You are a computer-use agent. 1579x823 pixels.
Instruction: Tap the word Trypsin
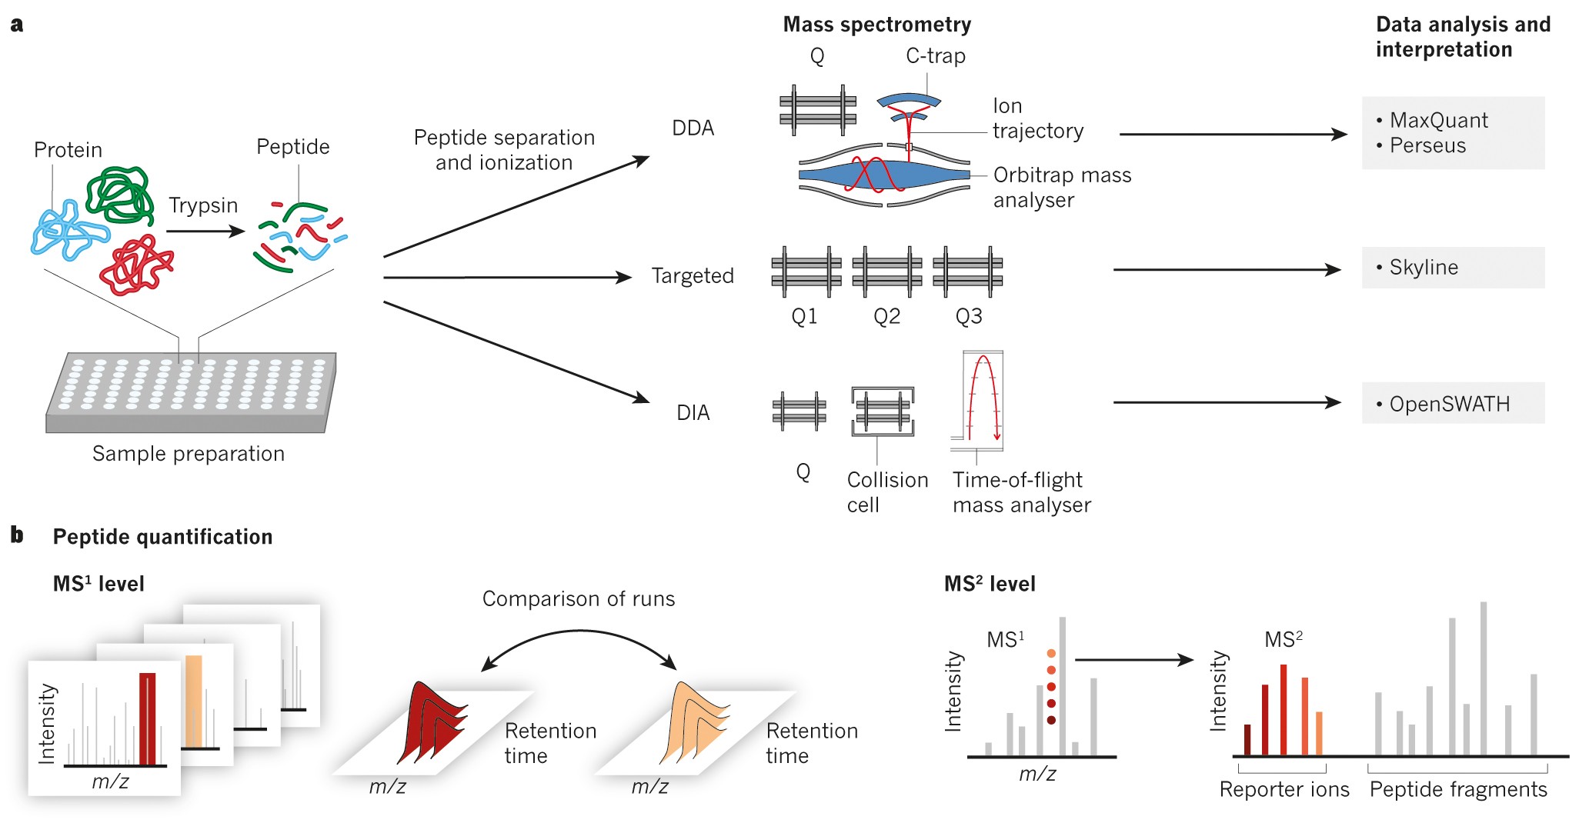click(x=203, y=205)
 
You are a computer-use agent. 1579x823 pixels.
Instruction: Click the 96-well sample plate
click(x=191, y=392)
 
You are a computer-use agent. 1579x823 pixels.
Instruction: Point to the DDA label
click(x=693, y=128)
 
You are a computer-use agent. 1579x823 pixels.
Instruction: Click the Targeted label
click(x=692, y=275)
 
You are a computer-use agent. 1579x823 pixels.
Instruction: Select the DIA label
click(x=693, y=413)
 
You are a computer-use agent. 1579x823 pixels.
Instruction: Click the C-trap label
click(x=935, y=56)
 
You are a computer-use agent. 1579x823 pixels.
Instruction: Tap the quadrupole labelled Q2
click(x=886, y=272)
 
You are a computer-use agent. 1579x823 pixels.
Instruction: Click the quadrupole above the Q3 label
click(x=967, y=272)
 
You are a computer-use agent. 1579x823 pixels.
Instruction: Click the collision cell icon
click(x=883, y=411)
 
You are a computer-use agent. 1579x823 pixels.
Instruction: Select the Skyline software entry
click(x=1423, y=268)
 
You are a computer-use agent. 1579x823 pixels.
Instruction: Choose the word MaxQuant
click(x=1438, y=121)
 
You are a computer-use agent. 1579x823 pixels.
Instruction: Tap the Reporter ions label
click(x=1284, y=790)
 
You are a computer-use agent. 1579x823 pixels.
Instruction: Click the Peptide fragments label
click(x=1457, y=790)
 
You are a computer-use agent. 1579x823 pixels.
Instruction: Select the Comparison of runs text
click(x=578, y=599)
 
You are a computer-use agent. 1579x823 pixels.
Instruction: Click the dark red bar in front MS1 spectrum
click(x=147, y=718)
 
